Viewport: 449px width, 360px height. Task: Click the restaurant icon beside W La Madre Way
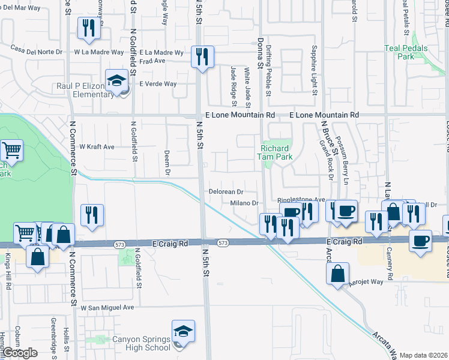(x=89, y=28)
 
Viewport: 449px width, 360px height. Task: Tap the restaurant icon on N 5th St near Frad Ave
(x=201, y=58)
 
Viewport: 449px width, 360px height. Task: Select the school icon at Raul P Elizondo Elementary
(x=115, y=80)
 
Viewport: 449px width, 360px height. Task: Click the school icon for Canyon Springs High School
(x=183, y=332)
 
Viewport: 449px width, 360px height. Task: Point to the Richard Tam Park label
(x=276, y=152)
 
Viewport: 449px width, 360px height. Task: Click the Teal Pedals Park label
(x=406, y=52)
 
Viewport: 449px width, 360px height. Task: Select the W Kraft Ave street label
(x=97, y=146)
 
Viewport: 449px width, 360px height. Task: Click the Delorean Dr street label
(x=225, y=191)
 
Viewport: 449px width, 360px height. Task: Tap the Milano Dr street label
(x=244, y=203)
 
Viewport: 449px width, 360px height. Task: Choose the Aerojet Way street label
(x=366, y=281)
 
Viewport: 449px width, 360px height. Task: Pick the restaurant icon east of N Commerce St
(x=92, y=215)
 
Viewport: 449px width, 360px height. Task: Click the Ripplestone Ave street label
(x=300, y=200)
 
